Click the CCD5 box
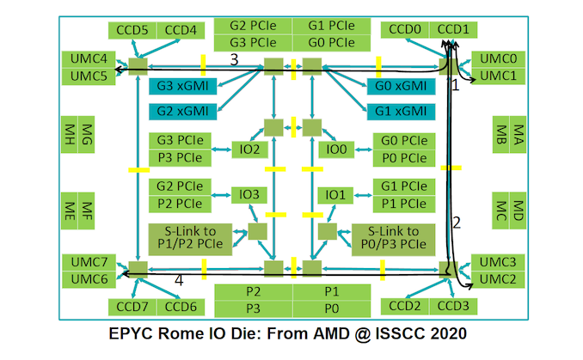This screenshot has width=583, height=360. click(x=131, y=31)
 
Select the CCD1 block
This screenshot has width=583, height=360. click(x=453, y=31)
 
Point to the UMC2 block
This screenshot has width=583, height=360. click(x=498, y=279)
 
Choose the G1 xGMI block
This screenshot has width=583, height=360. click(x=399, y=111)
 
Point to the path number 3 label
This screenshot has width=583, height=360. click(x=234, y=58)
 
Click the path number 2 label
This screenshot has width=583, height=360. click(x=457, y=223)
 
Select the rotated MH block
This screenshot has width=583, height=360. click(x=69, y=134)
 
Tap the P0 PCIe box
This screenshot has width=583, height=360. click(x=400, y=157)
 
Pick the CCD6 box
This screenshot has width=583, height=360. click(x=181, y=307)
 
